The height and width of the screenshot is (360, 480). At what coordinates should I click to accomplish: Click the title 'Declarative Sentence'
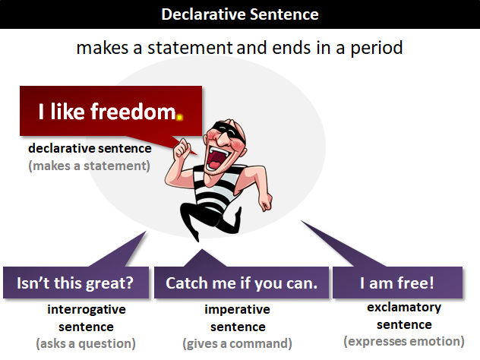pos(240,14)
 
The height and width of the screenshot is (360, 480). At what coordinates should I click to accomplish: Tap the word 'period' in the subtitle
pos(375,48)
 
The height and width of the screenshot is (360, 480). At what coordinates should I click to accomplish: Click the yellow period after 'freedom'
pos(179,118)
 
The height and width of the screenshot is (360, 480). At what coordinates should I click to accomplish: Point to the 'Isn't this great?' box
pos(75,283)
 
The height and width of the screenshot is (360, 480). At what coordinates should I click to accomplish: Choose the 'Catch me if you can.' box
pos(241,283)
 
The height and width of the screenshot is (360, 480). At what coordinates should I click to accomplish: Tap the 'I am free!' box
pos(397,283)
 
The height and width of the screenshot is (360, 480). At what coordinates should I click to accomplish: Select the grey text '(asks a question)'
pos(86,343)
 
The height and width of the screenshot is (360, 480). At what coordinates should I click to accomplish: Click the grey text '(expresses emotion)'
pos(404,341)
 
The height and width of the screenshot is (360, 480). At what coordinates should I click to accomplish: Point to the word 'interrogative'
pos(86,309)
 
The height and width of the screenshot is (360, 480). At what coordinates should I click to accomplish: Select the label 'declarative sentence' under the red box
pos(90,148)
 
